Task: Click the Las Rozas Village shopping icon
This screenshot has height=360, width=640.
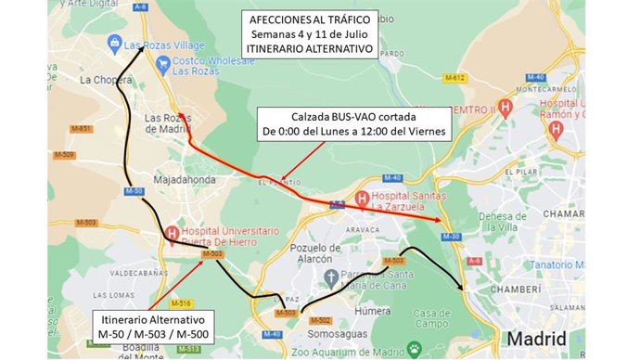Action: [x=114, y=43]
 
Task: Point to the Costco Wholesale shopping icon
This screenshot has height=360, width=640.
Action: [x=163, y=63]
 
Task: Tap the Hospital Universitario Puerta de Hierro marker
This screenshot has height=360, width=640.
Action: [x=172, y=233]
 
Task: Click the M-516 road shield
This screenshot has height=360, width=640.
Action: [x=182, y=303]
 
